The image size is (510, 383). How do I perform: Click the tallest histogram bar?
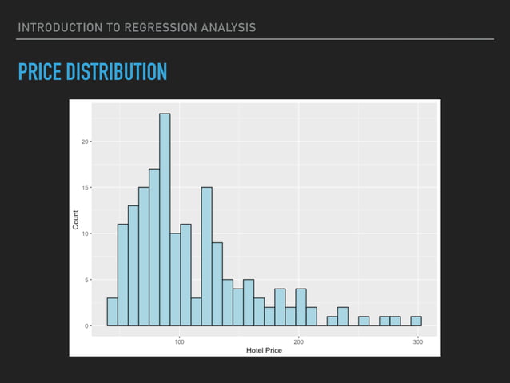point(165,220)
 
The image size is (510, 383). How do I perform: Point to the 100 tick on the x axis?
point(179,341)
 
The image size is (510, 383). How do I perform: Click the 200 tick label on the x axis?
point(298,341)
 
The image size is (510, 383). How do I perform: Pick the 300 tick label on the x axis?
point(417,341)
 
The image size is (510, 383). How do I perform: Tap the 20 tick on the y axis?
point(85,142)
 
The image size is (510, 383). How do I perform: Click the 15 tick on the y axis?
point(85,188)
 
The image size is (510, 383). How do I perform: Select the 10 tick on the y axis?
point(85,233)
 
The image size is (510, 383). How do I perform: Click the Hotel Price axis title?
point(264,350)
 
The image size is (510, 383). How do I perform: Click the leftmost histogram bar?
point(112,313)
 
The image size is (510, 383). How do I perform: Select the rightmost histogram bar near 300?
point(416,321)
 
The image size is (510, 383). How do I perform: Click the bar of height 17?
point(154,248)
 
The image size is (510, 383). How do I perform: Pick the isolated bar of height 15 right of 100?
point(206,257)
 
